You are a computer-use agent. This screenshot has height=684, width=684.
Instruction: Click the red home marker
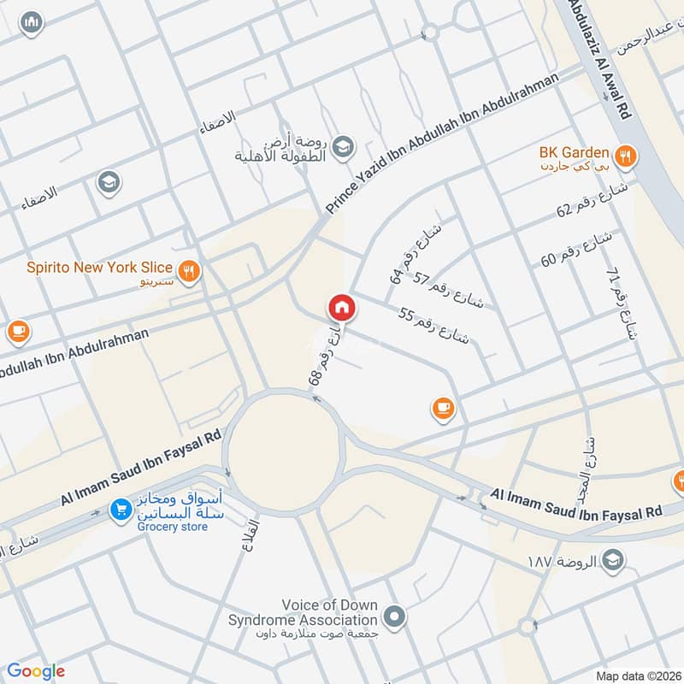[340, 307]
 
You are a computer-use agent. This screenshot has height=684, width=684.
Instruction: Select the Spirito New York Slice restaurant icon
[190, 269]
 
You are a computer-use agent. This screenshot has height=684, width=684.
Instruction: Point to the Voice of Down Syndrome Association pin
[394, 616]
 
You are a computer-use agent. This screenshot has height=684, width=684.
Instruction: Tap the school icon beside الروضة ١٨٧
[613, 560]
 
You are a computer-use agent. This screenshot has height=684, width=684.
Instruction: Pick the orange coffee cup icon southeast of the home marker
[442, 410]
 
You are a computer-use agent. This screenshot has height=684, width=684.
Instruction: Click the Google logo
[36, 671]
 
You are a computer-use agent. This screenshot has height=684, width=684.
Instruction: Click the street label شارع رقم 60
[577, 249]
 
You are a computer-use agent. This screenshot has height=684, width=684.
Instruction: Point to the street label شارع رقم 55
[434, 325]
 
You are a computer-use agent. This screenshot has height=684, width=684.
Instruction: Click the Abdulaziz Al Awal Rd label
[607, 56]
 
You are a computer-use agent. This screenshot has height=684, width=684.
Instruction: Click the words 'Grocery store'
[172, 528]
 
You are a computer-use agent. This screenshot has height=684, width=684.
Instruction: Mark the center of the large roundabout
[284, 452]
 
